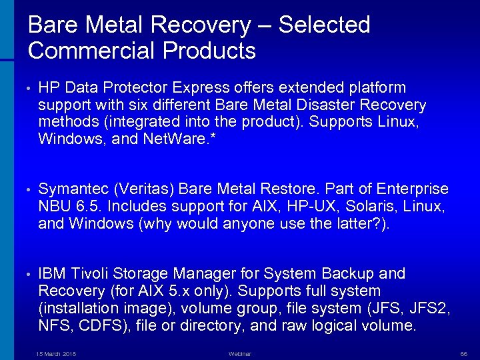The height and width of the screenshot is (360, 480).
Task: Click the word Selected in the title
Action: tap(324, 25)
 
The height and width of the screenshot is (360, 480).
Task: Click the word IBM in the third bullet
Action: tap(51, 273)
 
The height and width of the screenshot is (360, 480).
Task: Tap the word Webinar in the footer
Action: tap(240, 353)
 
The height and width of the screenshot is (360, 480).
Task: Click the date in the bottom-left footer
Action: tap(56, 353)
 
